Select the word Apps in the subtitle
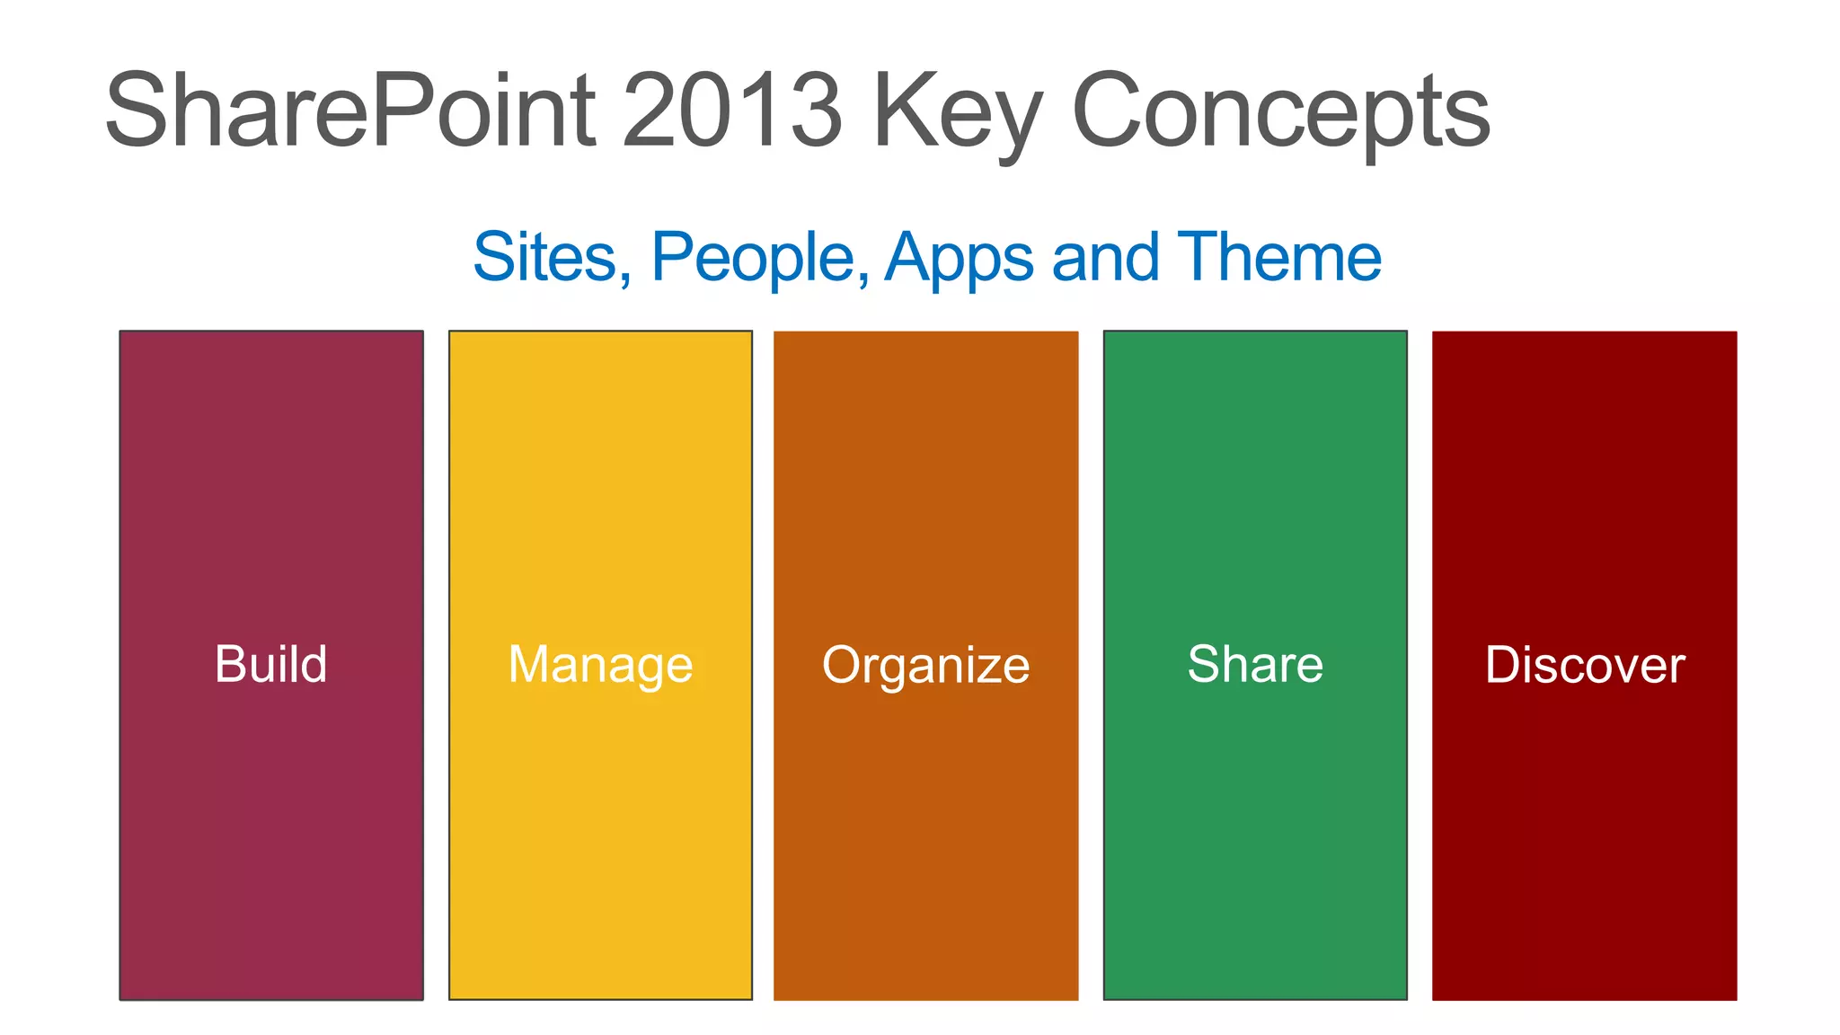[960, 258]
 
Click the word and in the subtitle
[1105, 258]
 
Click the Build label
[270, 665]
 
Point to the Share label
[1255, 665]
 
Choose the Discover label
[1584, 666]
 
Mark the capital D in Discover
[1502, 665]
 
